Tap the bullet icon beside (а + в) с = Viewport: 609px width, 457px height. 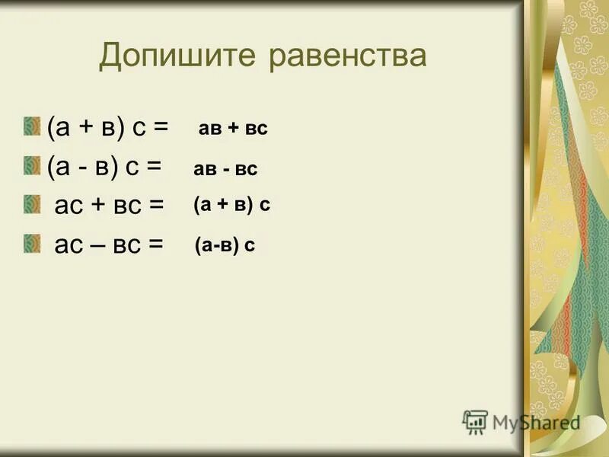pyautogui.click(x=30, y=126)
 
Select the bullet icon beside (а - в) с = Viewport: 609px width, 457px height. pyautogui.click(x=30, y=165)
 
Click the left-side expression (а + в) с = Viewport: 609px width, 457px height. pyautogui.click(x=107, y=127)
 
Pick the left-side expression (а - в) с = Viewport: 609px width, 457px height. pyautogui.click(x=104, y=166)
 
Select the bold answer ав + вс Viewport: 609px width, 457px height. pyautogui.click(x=233, y=129)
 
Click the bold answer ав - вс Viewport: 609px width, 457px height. pyautogui.click(x=226, y=170)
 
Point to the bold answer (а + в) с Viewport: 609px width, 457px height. pyautogui.click(x=231, y=204)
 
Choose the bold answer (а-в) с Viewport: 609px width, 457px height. pyautogui.click(x=225, y=245)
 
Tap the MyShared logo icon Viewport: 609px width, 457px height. pyautogui.click(x=475, y=420)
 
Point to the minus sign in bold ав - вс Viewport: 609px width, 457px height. pyautogui.click(x=227, y=170)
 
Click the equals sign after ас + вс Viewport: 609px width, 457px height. pyautogui.click(x=156, y=206)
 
